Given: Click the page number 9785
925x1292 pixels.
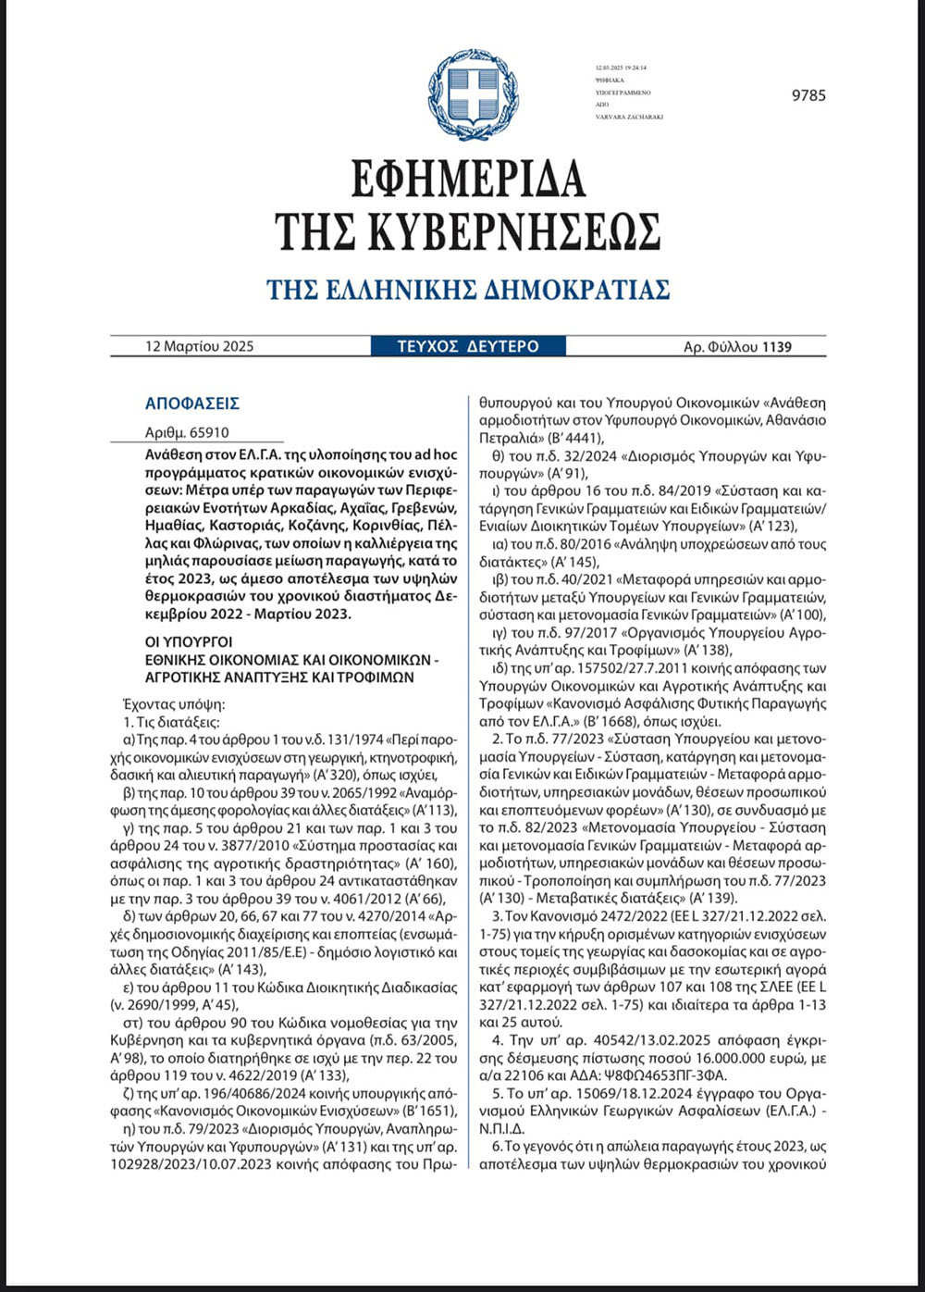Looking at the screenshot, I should [x=808, y=95].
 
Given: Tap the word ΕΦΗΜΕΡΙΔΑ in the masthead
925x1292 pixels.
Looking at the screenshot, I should [x=468, y=180].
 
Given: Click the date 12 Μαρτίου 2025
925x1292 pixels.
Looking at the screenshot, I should [x=199, y=347].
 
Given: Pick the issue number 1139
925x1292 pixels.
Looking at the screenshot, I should [x=777, y=347].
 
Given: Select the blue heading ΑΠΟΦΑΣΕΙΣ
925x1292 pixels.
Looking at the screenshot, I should [x=192, y=404].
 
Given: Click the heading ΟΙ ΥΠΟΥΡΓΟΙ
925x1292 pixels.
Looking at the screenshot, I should [x=189, y=642].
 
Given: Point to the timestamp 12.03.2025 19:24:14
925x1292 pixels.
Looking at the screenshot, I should [x=622, y=68].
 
